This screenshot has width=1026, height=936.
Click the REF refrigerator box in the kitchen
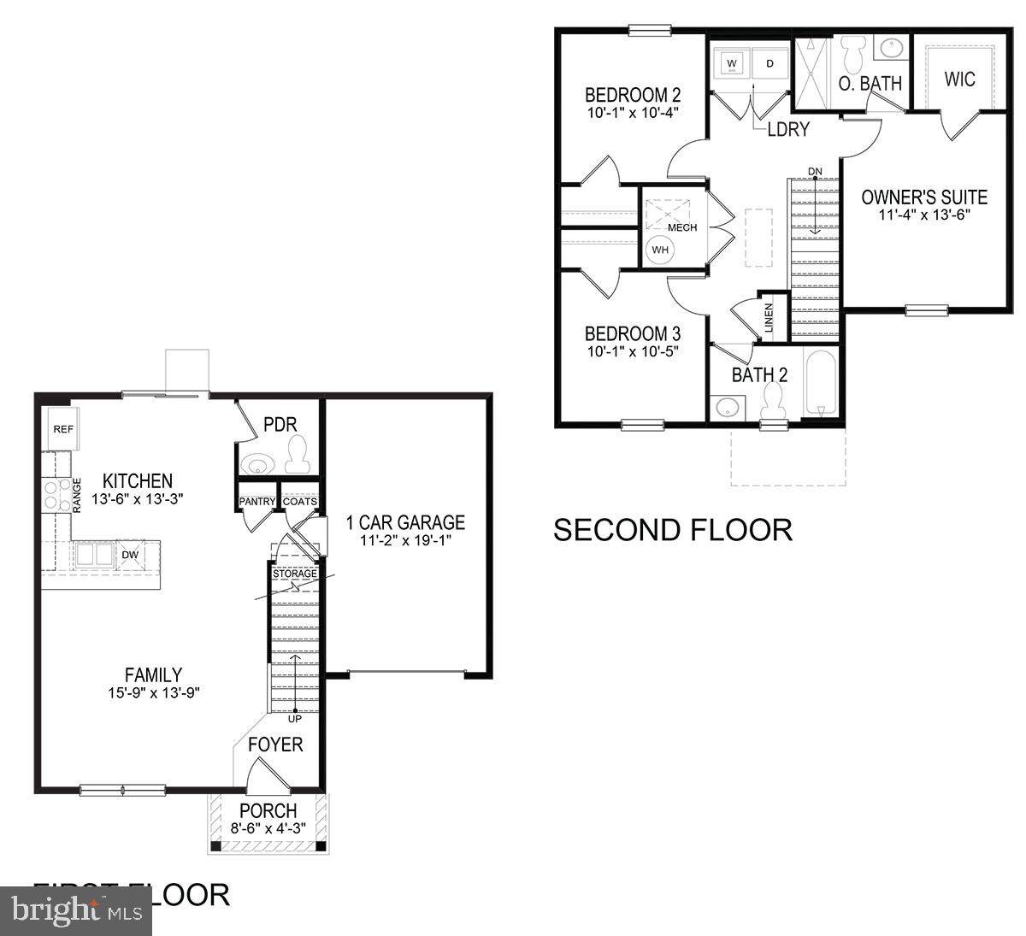pyautogui.click(x=63, y=429)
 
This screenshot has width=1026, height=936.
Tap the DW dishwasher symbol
pyautogui.click(x=131, y=555)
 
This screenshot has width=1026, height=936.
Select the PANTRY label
pyautogui.click(x=256, y=502)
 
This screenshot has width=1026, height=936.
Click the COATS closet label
pyautogui.click(x=299, y=502)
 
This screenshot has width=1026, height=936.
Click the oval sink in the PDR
pyautogui.click(x=256, y=464)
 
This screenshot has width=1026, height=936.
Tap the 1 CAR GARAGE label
pyautogui.click(x=405, y=522)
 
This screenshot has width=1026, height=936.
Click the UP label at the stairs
pyautogui.click(x=295, y=719)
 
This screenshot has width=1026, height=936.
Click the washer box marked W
pyautogui.click(x=732, y=63)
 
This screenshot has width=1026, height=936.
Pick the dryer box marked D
pyautogui.click(x=769, y=63)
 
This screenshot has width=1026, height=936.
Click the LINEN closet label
pyautogui.click(x=769, y=319)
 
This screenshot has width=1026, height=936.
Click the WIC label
pyautogui.click(x=959, y=79)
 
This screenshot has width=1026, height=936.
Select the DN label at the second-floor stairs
pyautogui.click(x=814, y=172)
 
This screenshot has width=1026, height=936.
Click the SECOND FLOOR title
pyautogui.click(x=673, y=530)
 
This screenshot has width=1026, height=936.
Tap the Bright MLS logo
pyautogui.click(x=77, y=911)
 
